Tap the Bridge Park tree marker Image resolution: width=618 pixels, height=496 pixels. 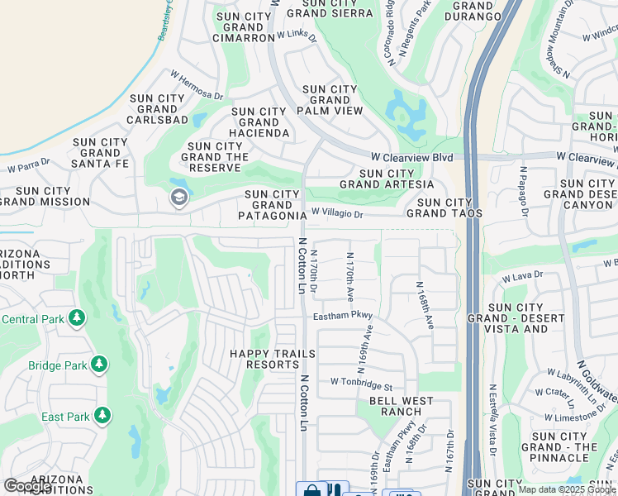click(x=99, y=365)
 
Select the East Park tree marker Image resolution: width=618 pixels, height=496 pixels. click(x=102, y=416)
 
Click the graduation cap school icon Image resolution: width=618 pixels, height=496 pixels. click(x=178, y=198)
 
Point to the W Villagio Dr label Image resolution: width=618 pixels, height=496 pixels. click(x=337, y=214)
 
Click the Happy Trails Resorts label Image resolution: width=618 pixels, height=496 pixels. click(x=272, y=359)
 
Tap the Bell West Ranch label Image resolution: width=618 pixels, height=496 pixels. click(x=401, y=406)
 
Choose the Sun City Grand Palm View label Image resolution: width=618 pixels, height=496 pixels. click(x=332, y=100)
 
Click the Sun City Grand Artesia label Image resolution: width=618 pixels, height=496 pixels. click(x=386, y=179)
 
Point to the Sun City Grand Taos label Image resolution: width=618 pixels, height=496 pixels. click(x=449, y=207)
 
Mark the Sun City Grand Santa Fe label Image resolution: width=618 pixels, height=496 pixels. click(x=100, y=153)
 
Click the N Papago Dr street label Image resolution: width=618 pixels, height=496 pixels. click(x=523, y=190)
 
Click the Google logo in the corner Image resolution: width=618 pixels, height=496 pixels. click(x=27, y=485)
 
